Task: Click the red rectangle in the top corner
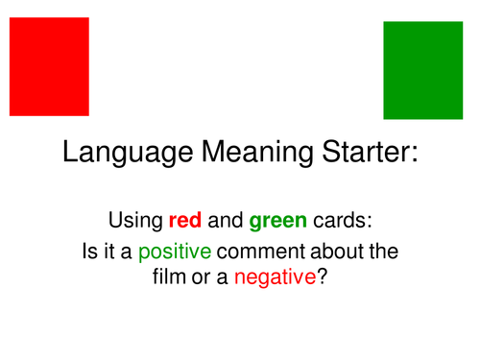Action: (49, 66)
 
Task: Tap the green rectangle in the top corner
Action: (422, 70)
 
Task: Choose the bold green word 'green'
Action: (276, 222)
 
